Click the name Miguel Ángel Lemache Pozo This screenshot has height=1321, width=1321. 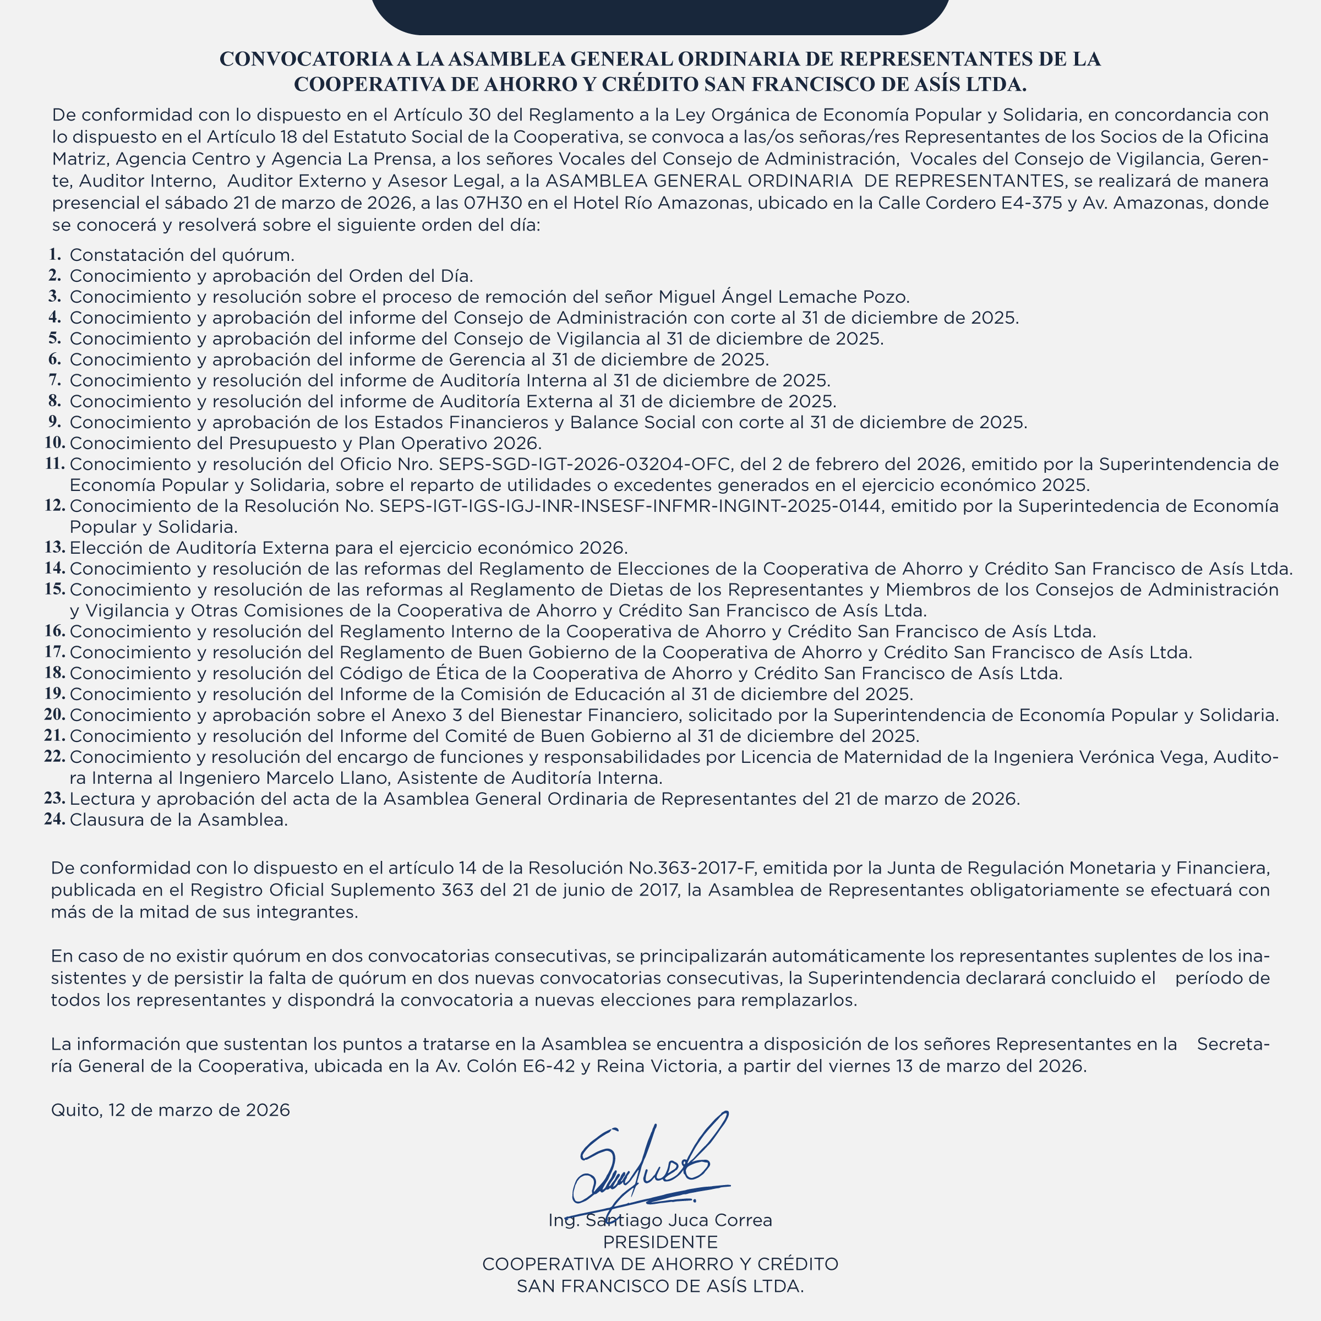click(784, 297)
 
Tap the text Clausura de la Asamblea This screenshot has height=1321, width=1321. click(178, 820)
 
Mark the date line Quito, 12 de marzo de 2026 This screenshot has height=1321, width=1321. click(170, 1110)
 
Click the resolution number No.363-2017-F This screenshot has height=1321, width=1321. click(691, 869)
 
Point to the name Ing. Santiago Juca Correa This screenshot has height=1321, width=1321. click(660, 1220)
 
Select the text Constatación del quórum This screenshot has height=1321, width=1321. click(182, 255)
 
